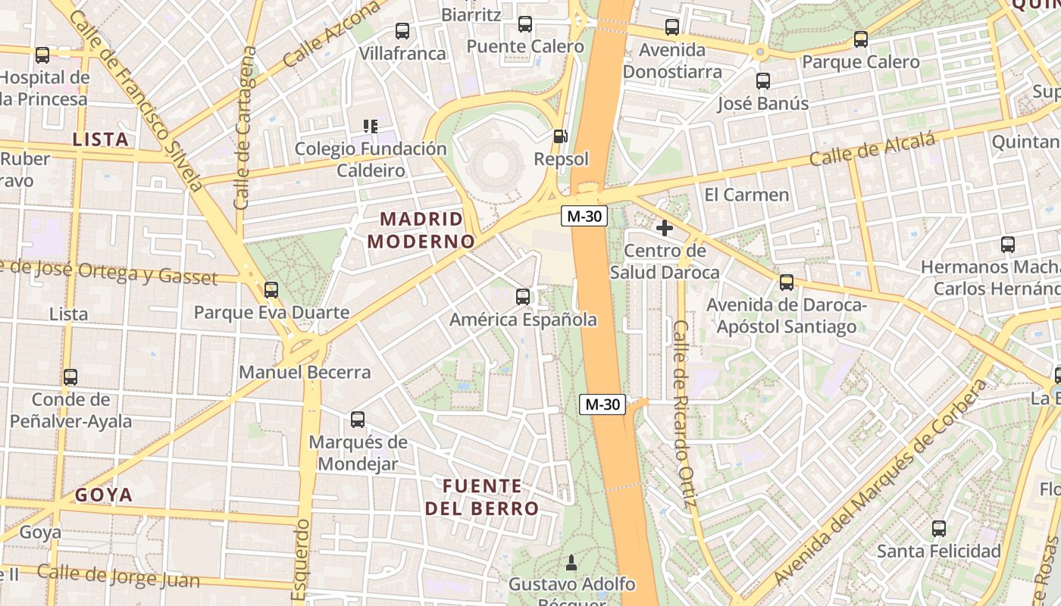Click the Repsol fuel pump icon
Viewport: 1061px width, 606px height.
[x=560, y=136]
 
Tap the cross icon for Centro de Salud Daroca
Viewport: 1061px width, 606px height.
[x=665, y=227]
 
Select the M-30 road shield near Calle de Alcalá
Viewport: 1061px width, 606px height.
[x=584, y=216]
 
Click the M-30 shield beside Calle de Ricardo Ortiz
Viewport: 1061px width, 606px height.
[x=603, y=405]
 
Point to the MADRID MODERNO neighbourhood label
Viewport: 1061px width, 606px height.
[x=421, y=230]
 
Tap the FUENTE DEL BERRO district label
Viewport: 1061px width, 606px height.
[x=482, y=497]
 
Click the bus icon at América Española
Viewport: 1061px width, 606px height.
[x=523, y=296]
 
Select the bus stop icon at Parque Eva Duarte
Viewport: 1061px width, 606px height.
[x=271, y=289]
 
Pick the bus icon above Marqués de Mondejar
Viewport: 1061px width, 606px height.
[x=358, y=419]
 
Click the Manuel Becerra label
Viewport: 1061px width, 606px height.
[x=305, y=372]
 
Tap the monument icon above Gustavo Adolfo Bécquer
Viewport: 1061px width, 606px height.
[x=571, y=562]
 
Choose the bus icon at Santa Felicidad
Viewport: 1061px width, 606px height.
[x=939, y=528]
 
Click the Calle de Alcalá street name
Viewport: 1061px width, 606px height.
[x=872, y=149]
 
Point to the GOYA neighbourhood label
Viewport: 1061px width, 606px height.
[x=104, y=495]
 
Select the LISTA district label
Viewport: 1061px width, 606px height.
[x=100, y=139]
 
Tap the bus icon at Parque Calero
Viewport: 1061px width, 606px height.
[x=861, y=39]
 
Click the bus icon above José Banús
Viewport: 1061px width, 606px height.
[x=763, y=81]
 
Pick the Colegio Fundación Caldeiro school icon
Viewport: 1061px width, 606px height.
[x=371, y=126]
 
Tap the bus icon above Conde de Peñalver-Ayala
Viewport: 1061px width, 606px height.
[x=70, y=376]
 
